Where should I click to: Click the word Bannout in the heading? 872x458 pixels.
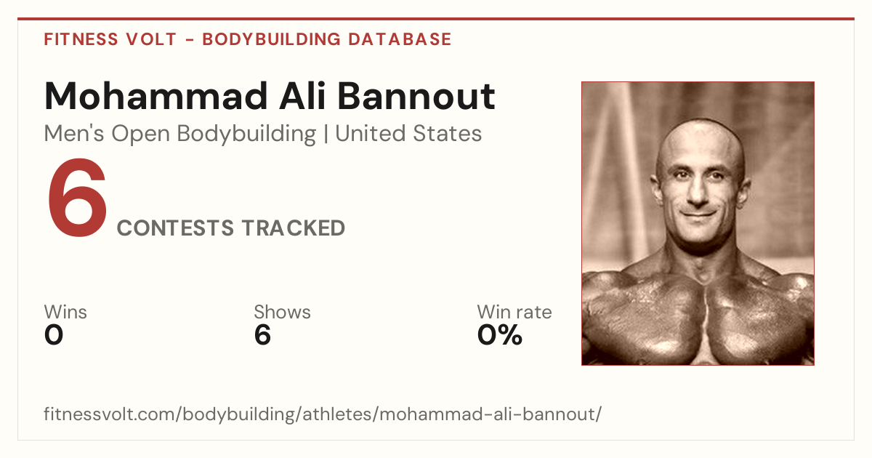click(x=416, y=96)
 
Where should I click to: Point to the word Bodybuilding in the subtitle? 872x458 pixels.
click(x=246, y=134)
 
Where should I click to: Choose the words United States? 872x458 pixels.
click(x=408, y=134)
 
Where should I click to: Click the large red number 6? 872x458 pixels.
click(x=77, y=198)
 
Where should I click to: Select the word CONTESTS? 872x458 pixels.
click(x=176, y=228)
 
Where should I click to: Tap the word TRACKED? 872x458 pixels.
click(x=294, y=228)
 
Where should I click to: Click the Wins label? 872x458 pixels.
click(x=65, y=312)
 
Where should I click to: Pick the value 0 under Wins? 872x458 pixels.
click(x=54, y=335)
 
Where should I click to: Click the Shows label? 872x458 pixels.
click(x=282, y=312)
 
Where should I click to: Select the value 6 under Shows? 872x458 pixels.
click(x=262, y=335)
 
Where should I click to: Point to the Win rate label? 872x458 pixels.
click(x=514, y=312)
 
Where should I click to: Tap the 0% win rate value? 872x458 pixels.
click(x=500, y=335)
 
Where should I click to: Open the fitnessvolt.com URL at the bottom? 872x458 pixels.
click(x=323, y=414)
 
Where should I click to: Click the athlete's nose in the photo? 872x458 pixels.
click(x=697, y=193)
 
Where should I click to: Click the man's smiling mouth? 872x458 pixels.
click(x=699, y=214)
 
